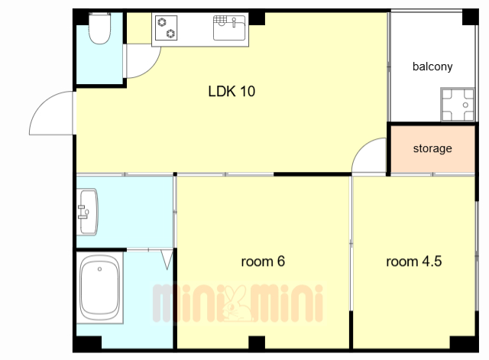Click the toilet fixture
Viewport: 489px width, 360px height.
(99, 28)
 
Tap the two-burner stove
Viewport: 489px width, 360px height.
(167, 28)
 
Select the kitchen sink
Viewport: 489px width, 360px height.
(229, 28)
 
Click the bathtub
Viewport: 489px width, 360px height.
(100, 287)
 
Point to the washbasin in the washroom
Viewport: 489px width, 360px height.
(88, 212)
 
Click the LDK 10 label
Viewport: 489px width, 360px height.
(232, 92)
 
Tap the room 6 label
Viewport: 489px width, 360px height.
(263, 261)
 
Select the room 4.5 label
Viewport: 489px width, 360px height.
(414, 261)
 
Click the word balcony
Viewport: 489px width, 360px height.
(432, 66)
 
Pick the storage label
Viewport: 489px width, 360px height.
(432, 148)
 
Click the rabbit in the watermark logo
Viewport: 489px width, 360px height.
(237, 303)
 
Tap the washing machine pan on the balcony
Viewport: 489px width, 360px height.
(457, 104)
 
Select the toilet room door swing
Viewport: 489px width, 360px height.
(151, 67)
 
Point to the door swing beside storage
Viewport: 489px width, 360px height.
(361, 147)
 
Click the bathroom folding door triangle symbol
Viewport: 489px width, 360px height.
(167, 259)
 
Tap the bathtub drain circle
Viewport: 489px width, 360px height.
(99, 269)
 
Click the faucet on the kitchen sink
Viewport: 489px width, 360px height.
(234, 22)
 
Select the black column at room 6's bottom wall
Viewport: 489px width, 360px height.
(257, 342)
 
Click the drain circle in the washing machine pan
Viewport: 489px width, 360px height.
(465, 105)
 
